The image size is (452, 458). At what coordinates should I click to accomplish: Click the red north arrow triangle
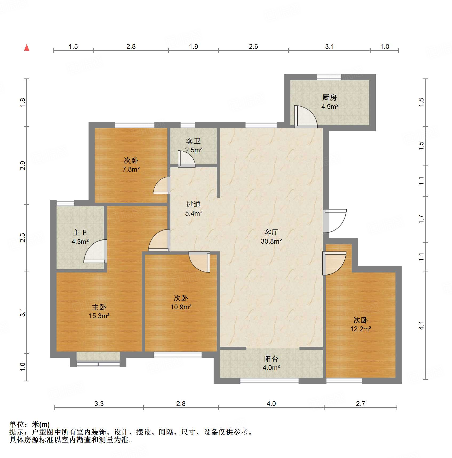pos(27,48)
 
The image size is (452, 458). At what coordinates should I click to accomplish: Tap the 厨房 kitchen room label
pos(330,98)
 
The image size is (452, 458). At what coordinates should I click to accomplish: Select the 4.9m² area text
pos(330,107)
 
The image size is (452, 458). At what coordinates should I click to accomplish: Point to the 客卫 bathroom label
pos(193,141)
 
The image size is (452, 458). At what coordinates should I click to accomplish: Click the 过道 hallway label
pos(193,204)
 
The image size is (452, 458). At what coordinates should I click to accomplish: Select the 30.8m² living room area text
pos(271,241)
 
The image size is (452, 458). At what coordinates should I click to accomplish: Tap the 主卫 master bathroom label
pos(80,233)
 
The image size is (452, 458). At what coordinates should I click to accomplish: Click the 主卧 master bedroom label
pos(99,307)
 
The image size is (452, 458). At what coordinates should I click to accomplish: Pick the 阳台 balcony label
pos(271,359)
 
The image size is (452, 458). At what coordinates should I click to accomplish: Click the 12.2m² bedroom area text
pos(361,329)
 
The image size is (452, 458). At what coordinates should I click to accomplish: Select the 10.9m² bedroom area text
pos(181,307)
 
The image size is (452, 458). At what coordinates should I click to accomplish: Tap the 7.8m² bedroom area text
pos(131,169)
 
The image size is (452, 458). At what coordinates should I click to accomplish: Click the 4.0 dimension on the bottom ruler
pos(271,404)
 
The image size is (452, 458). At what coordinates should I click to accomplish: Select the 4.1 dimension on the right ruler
pos(421,325)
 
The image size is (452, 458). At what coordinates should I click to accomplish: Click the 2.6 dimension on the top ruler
pos(253,47)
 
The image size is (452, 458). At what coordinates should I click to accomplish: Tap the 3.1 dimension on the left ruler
pos(23,312)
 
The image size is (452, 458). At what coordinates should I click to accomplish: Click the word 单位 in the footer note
pos(17,424)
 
